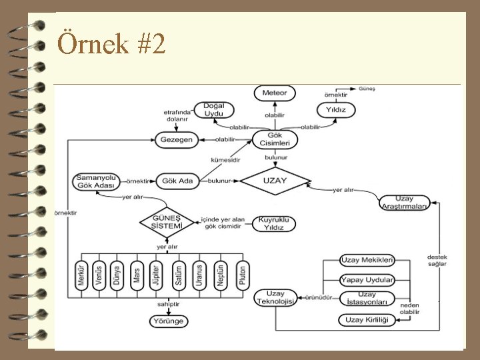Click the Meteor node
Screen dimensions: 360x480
click(274, 93)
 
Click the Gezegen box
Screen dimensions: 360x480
click(176, 140)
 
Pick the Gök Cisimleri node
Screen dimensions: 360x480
click(275, 140)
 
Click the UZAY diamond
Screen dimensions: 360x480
click(275, 181)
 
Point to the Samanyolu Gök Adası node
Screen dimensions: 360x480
click(97, 181)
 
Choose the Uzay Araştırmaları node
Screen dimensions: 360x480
click(405, 202)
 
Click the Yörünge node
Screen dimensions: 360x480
click(167, 321)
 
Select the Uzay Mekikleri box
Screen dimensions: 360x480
click(367, 261)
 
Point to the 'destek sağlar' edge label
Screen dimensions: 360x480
click(437, 260)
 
